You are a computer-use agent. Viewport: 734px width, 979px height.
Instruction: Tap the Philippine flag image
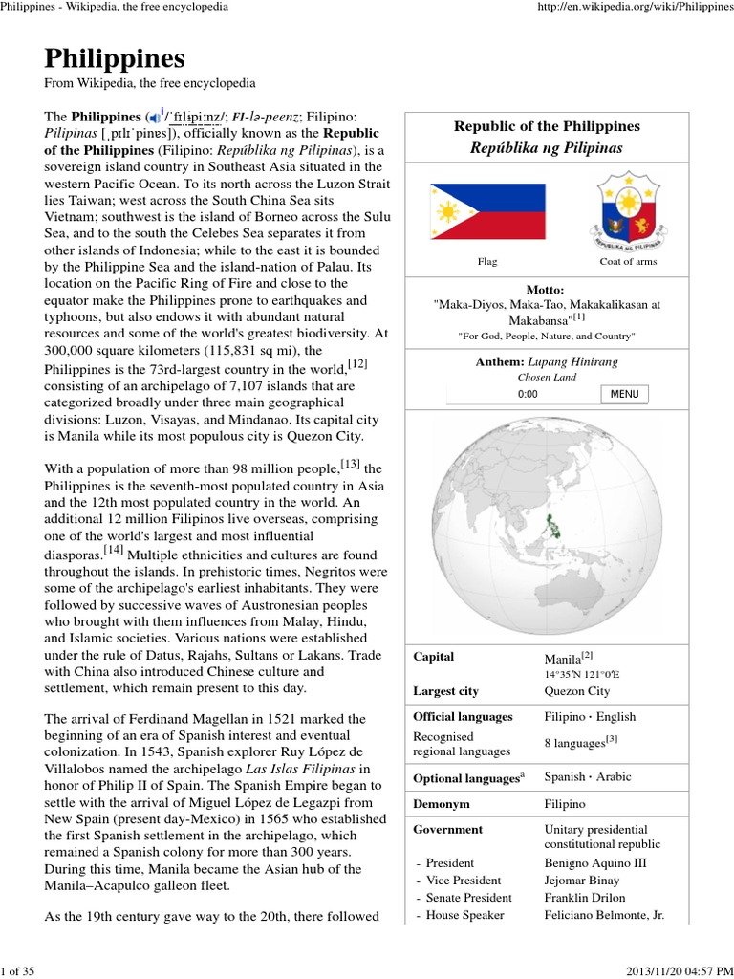[x=486, y=211]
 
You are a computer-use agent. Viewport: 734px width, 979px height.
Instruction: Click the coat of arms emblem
[x=628, y=210]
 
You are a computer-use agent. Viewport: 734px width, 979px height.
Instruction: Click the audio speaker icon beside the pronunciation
[x=155, y=117]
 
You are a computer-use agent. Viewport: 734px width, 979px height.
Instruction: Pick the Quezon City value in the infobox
[x=576, y=691]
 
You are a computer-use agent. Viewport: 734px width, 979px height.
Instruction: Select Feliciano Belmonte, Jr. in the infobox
[x=604, y=915]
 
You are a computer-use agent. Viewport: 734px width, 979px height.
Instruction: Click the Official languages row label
[x=463, y=716]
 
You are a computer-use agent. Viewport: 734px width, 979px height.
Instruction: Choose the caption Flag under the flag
[x=486, y=261]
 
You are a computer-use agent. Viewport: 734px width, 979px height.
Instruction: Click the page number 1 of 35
[x=18, y=971]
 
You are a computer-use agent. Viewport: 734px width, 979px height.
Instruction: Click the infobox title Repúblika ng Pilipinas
[x=546, y=148]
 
